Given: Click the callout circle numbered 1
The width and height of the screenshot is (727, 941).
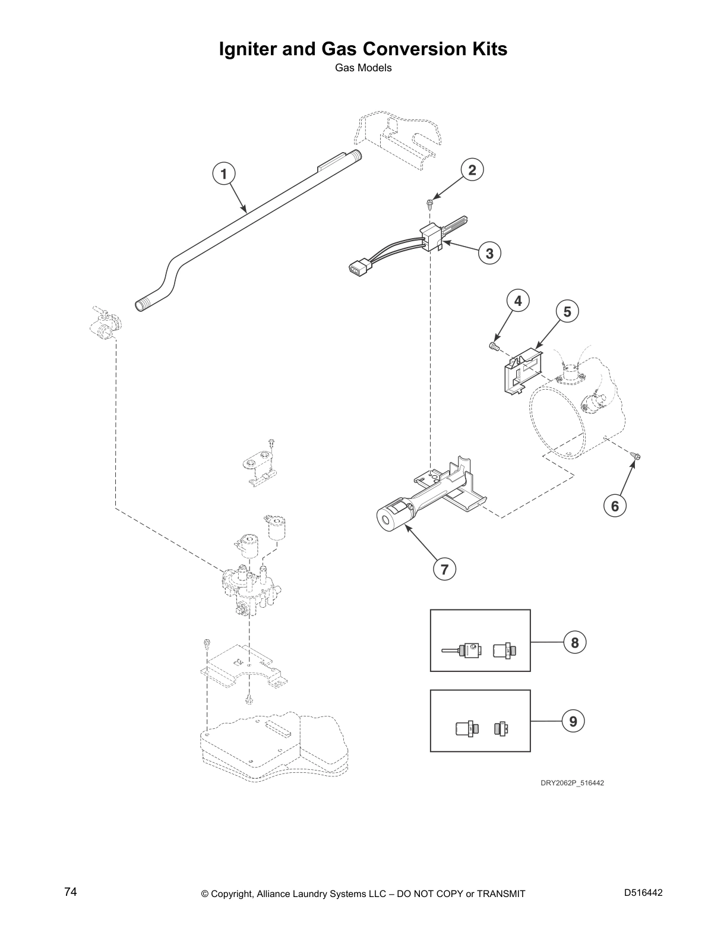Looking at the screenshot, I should pyautogui.click(x=224, y=174).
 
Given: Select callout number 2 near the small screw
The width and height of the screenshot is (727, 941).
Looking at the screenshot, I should pyautogui.click(x=472, y=170).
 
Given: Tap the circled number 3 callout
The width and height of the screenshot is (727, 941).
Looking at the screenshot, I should pyautogui.click(x=489, y=254).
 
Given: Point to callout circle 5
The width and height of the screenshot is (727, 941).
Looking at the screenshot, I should pyautogui.click(x=567, y=311).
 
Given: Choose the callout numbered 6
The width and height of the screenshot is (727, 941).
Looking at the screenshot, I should pyautogui.click(x=615, y=506).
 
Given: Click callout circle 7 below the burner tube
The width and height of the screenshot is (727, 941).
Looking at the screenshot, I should pyautogui.click(x=444, y=569).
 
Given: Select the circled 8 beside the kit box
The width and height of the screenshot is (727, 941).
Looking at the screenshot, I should pyautogui.click(x=574, y=642).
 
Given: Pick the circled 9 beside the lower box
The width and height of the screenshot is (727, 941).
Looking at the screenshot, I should pyautogui.click(x=573, y=721).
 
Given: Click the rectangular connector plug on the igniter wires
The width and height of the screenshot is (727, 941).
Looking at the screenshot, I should pyautogui.click(x=358, y=270).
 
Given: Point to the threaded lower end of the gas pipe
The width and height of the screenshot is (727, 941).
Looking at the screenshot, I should pyautogui.click(x=143, y=306).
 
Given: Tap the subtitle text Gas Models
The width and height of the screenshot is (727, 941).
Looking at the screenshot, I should pyautogui.click(x=363, y=68).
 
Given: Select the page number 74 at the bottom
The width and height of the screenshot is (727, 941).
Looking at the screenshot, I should pyautogui.click(x=70, y=892).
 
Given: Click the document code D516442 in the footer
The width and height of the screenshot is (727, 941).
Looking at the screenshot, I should pyautogui.click(x=643, y=893).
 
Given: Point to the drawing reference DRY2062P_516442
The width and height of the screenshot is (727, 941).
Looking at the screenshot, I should pyautogui.click(x=571, y=783).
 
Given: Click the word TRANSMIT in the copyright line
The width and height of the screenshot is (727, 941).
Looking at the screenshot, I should pyautogui.click(x=500, y=893).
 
